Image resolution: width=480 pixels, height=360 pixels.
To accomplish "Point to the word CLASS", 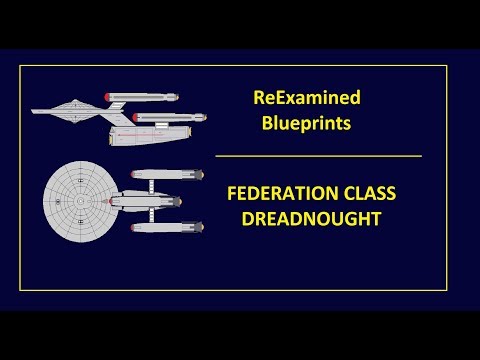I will click(x=368, y=193).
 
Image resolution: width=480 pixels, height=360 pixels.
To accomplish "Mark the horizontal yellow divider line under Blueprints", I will click(x=318, y=156).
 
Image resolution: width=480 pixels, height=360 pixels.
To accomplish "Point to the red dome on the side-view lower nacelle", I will click(x=135, y=117).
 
